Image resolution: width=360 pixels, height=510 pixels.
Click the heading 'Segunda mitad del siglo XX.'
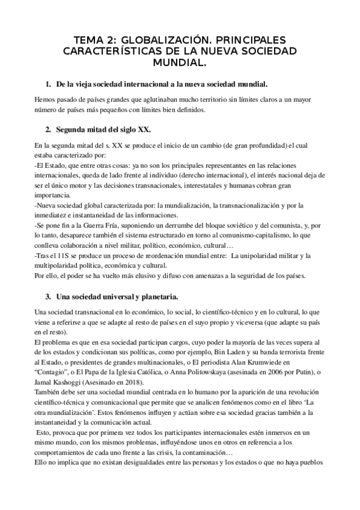103,130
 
